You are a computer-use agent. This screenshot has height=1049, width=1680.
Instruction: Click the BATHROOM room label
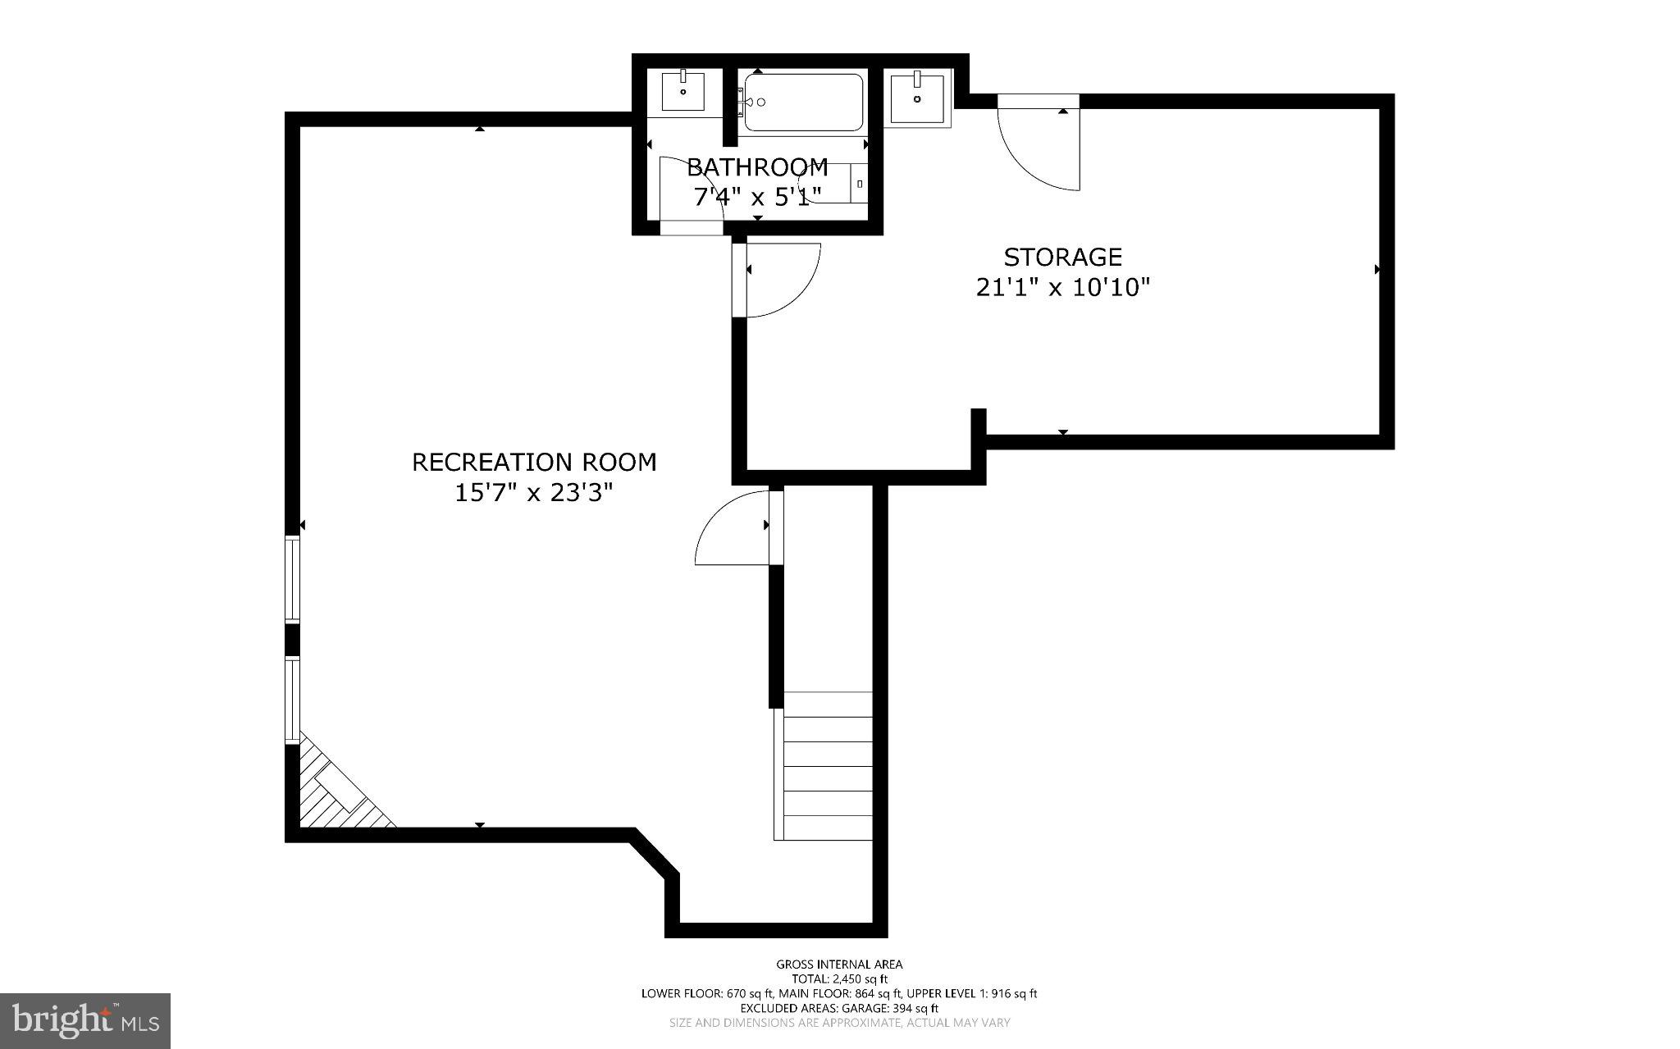757,167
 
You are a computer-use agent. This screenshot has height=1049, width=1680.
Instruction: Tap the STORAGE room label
1062,258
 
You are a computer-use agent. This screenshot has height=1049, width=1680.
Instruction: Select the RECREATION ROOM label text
534,463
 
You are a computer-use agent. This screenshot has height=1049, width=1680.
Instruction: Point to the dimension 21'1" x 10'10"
1062,288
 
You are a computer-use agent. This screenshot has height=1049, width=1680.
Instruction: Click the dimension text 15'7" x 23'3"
534,494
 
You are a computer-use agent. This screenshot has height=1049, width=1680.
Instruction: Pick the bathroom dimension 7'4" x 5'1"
757,197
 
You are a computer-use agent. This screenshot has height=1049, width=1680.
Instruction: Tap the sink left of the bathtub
682,92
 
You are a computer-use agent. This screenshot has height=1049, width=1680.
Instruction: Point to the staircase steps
827,767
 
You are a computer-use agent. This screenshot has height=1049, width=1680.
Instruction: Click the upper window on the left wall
292,579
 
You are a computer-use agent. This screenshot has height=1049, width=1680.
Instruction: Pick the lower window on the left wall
292,699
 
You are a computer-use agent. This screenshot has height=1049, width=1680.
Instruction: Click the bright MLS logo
85,1020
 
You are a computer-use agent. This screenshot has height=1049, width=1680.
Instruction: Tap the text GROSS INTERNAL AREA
839,965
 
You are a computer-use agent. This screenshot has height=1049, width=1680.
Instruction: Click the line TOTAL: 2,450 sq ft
839,978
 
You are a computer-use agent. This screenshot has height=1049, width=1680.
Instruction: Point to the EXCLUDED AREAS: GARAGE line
839,1008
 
